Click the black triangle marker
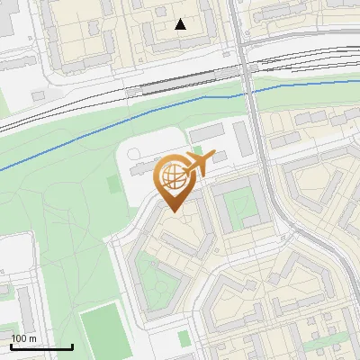(x=181, y=24)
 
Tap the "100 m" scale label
(x=23, y=337)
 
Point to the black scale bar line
(x=41, y=346)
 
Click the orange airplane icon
(x=200, y=163)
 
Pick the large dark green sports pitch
(x=98, y=332)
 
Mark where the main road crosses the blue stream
(x=250, y=93)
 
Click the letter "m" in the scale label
(x=32, y=337)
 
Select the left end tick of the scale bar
(x=11, y=346)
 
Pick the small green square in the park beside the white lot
(x=112, y=184)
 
